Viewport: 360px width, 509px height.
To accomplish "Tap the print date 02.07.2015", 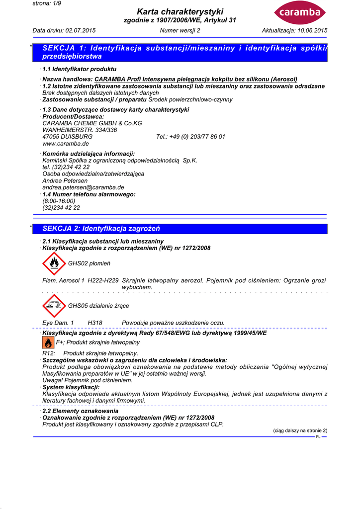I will coord(80,31).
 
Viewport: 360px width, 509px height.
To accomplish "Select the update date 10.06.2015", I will coord(312,31).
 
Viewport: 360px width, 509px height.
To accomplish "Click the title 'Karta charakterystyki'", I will coord(180,11).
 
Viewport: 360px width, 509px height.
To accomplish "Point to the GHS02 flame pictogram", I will coord(54,263).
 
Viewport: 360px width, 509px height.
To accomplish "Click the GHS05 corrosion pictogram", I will coord(54,306).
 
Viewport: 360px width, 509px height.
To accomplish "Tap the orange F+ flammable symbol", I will coord(48,343).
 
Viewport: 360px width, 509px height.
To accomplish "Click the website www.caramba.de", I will coord(66,143).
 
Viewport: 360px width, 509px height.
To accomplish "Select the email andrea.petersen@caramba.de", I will coord(83,187).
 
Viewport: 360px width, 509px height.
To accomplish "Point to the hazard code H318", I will coord(95,323).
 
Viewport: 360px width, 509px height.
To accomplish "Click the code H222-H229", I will coord(103,280).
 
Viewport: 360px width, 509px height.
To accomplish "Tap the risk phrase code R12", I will coord(49,353).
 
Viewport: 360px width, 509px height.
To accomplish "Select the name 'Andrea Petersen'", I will coord(63,181).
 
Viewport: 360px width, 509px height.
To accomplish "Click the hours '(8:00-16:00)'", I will coord(59,201).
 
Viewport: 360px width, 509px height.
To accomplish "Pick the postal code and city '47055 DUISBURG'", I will coord(67,136).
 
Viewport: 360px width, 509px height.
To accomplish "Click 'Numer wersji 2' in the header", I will coord(180,31).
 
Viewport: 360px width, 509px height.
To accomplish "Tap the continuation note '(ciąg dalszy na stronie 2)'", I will coord(300,430).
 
